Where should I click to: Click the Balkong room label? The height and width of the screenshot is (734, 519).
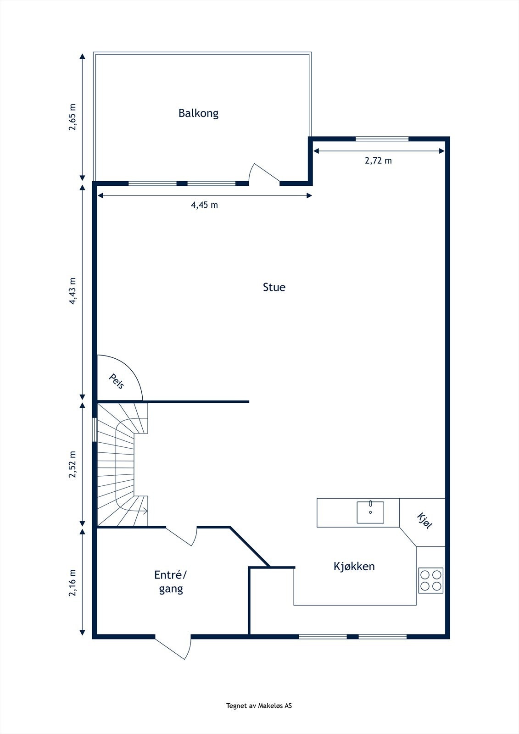[198, 113]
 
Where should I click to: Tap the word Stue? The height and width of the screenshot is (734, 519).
[274, 287]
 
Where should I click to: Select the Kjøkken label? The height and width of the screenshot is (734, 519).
[354, 566]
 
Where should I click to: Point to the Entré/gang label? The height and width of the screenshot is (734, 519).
[171, 582]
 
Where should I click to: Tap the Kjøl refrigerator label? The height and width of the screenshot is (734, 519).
[424, 521]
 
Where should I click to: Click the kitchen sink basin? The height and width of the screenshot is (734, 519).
[370, 512]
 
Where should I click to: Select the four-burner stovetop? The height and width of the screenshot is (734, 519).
[431, 580]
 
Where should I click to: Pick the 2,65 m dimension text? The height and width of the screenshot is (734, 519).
[73, 117]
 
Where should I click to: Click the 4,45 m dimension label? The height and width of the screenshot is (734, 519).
[205, 205]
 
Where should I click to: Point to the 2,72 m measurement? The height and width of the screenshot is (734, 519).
[378, 161]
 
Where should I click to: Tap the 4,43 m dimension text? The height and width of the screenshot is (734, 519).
[73, 291]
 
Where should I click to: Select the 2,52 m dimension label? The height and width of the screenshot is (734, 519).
[73, 464]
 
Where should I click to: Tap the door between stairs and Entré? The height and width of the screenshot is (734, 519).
[181, 536]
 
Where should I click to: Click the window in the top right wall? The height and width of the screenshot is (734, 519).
[382, 139]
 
